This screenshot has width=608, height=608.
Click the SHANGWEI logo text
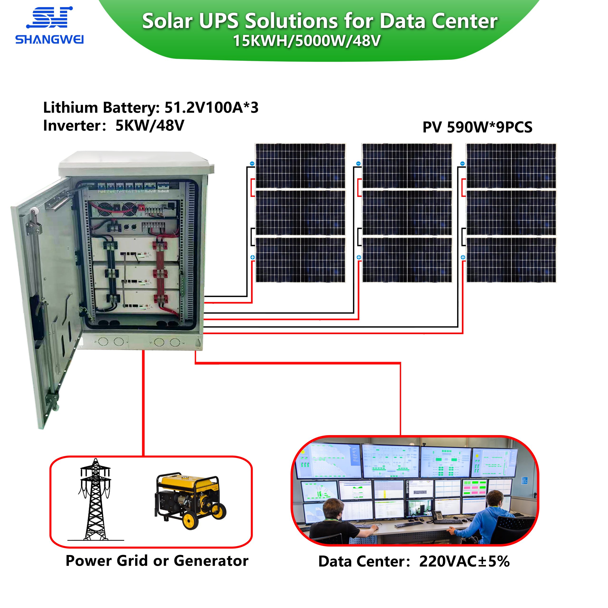pos(49,40)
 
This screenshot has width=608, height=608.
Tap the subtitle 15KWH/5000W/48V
pos(307,41)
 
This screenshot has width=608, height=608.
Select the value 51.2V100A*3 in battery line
pos(211,108)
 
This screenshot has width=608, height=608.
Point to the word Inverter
pos(72,126)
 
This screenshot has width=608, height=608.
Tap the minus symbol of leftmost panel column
pos(252,164)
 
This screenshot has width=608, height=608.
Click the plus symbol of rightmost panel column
pos(463,257)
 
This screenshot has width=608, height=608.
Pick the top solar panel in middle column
pos(407,166)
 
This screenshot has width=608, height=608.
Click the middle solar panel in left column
pos(300,213)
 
